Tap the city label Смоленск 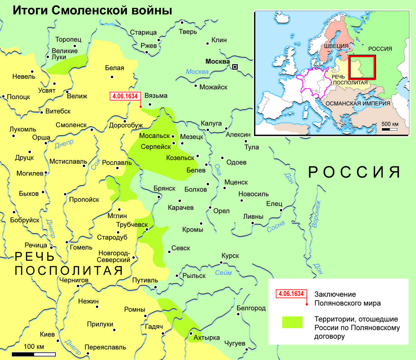71,125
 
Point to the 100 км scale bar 34,354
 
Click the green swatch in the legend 292,322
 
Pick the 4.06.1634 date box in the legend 291,294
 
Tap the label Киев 47,334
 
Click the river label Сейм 223,273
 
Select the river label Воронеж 316,214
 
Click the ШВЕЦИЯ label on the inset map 336,46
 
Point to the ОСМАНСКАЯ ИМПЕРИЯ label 358,103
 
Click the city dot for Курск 222,263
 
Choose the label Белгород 251,308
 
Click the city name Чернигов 73,280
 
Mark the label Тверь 188,32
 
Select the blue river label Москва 197,72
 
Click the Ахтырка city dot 191,333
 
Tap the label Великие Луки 64,54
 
